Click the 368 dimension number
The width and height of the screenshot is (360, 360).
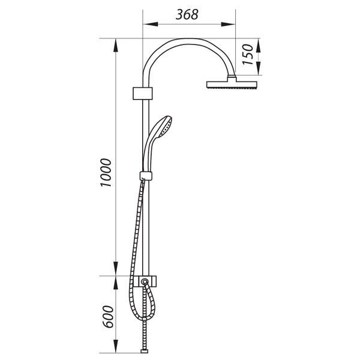coord(187,14)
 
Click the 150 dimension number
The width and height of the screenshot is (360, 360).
coord(248,55)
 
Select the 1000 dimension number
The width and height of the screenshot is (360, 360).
coord(106,172)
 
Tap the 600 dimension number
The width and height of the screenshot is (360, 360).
coord(108,317)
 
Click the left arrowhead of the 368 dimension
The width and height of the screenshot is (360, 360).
coord(150,24)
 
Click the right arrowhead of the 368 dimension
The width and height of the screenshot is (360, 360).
coord(228,24)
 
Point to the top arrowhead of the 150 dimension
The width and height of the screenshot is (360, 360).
coord(258,46)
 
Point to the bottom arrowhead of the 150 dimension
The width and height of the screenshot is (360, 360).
coord(258,68)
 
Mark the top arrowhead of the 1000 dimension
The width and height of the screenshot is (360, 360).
coord(116,46)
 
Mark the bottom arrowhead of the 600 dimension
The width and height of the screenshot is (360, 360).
coord(116,346)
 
